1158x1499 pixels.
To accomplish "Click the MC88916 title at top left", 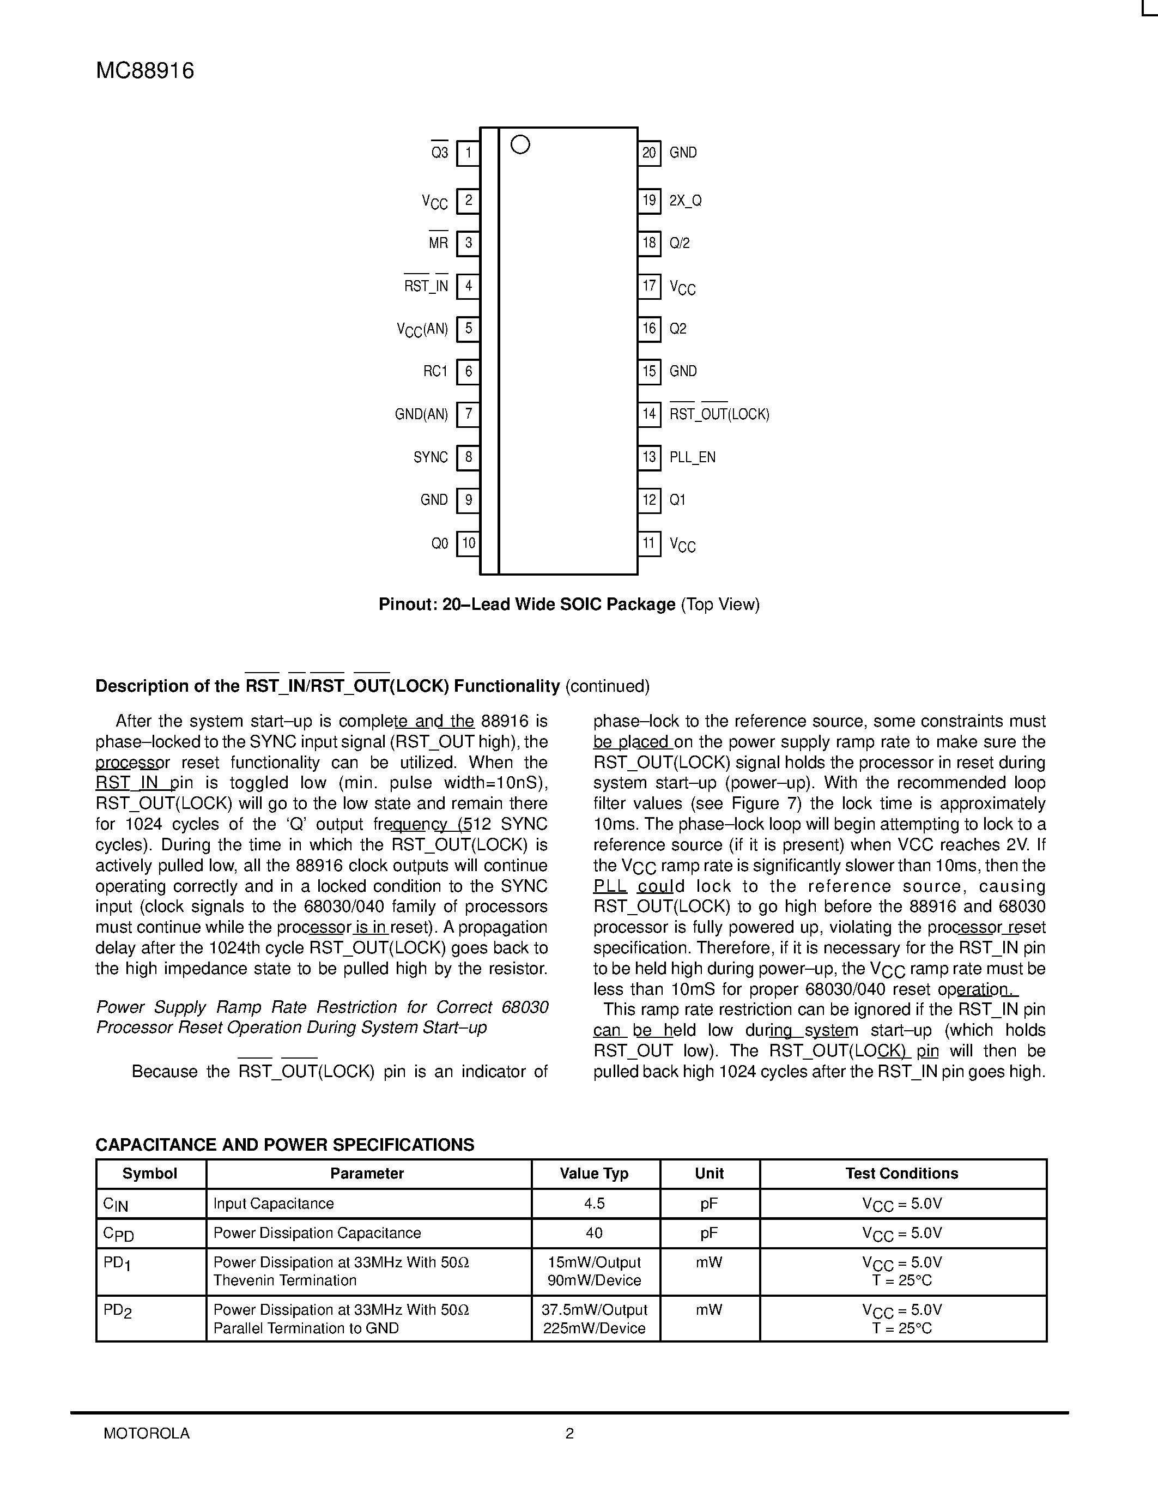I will (145, 71).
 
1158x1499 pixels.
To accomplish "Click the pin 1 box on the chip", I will (468, 153).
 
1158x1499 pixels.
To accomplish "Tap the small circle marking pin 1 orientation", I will (520, 145).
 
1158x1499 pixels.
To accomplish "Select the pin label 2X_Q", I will (686, 201).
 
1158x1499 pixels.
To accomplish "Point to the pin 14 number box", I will (649, 414).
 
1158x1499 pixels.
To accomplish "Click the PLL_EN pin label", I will (692, 457).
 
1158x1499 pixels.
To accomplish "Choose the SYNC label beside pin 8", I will (430, 457).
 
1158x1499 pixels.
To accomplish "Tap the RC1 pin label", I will (435, 371).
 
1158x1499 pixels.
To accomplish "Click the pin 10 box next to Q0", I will (468, 543).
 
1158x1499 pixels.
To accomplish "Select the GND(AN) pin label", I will (421, 414).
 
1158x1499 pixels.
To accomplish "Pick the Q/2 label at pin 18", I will (679, 243).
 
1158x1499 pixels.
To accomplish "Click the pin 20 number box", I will (649, 153).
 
